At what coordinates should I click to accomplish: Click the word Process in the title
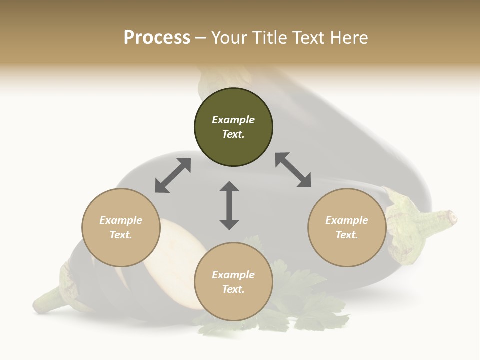157,38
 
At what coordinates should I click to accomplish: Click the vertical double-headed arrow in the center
229,205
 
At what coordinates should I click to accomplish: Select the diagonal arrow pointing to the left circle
173,175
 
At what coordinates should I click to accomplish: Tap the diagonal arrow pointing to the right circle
293,170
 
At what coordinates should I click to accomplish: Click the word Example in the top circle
233,120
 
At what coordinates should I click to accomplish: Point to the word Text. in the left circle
121,235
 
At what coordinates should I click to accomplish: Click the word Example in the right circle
347,220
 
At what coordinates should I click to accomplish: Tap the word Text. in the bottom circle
233,289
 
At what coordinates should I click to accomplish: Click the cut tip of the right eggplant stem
452,217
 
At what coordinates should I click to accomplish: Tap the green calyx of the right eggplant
405,225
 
